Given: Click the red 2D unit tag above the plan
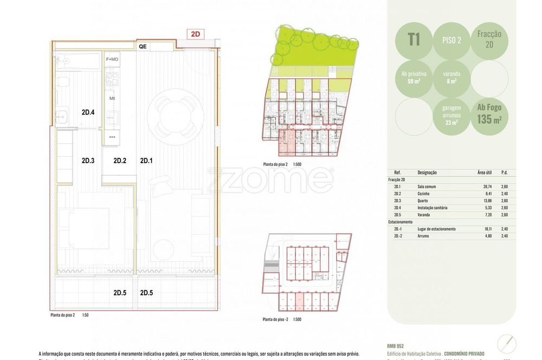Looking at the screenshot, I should coord(196,34).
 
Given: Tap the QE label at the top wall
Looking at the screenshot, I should coord(143,47).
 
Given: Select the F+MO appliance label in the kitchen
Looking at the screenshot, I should coord(112,59).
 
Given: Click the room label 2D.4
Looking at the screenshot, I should coord(88,113).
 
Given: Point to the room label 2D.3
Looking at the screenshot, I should coord(88,160).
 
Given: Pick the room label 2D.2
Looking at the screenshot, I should coord(120,160).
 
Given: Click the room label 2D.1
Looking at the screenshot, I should coord(147,160).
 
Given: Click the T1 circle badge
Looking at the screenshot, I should coord(414,40).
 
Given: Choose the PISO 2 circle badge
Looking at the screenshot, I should coord(452,40).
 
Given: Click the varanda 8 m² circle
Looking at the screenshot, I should coord(452,77).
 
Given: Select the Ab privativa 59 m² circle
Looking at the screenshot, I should coord(414,77).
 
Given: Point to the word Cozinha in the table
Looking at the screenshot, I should coord(427,194).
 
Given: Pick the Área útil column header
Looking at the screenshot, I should coord(485,172).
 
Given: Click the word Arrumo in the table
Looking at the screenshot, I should coord(425,236).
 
